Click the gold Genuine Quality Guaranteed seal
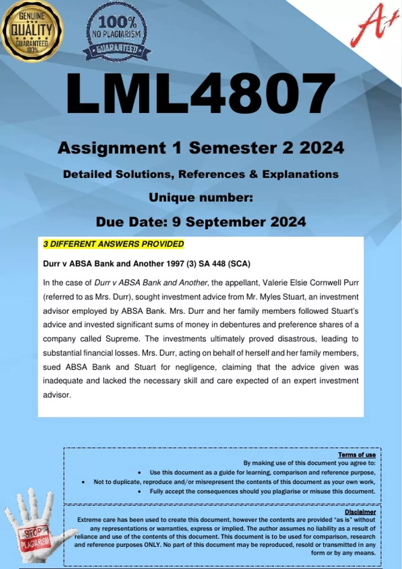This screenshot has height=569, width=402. pyautogui.click(x=32, y=31)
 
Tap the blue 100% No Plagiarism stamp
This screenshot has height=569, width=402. pyautogui.click(x=116, y=34)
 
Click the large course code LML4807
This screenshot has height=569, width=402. pyautogui.click(x=201, y=94)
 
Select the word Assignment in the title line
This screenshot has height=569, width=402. pyautogui.click(x=112, y=148)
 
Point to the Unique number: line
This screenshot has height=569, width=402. pyautogui.click(x=201, y=197)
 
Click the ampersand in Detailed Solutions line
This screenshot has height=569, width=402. pyautogui.click(x=253, y=174)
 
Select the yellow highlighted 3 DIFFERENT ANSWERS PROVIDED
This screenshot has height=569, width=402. pyautogui.click(x=114, y=244)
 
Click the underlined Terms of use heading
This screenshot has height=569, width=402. pyautogui.click(x=357, y=455)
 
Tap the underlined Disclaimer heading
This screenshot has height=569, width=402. pyautogui.click(x=360, y=512)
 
